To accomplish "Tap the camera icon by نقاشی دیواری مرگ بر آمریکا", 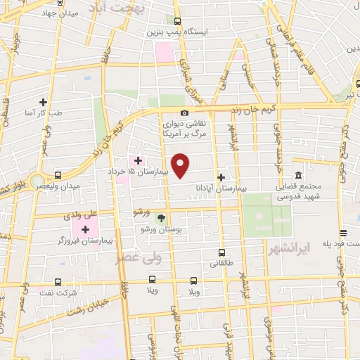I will click(184, 112).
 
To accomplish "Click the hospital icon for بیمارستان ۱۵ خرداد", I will click(138, 160).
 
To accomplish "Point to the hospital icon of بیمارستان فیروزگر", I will click(86, 229).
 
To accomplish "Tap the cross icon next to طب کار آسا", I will click(44, 102).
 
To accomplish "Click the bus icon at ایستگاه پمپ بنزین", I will click(177, 21).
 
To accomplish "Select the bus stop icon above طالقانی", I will click(222, 252).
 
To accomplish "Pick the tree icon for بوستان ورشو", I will click(162, 219).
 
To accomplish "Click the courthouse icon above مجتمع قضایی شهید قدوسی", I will click(299, 175).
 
